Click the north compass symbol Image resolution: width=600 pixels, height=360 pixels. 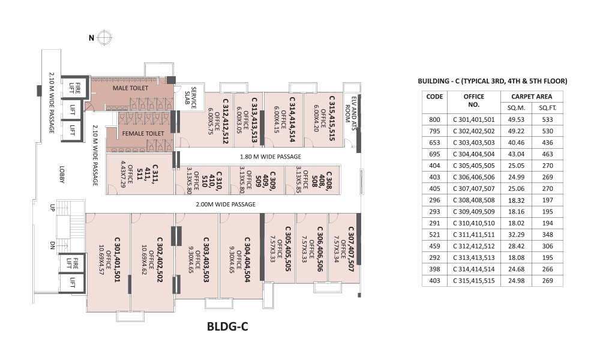105,38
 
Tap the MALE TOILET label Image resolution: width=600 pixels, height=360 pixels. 130,88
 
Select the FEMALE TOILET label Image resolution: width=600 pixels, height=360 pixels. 143,133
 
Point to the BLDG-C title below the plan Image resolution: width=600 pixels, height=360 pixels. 227,327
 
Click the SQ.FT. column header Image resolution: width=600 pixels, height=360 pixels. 547,107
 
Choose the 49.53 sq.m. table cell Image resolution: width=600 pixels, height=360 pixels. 516,119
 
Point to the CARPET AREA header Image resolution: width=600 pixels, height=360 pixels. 532,96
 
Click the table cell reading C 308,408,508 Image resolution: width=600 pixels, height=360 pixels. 473,200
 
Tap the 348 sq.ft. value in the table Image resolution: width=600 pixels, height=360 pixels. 547,234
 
